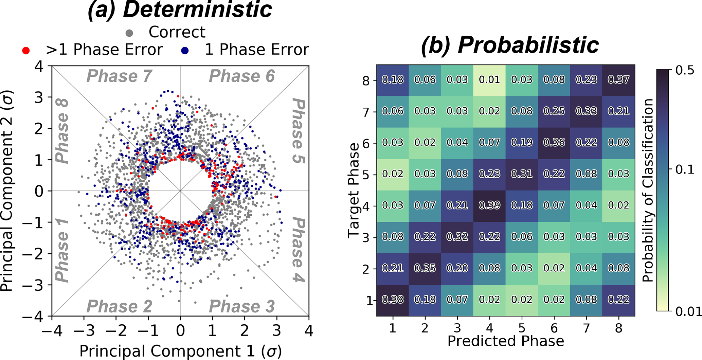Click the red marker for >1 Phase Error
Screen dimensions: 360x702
[26, 51]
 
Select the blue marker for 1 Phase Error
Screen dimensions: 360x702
[185, 51]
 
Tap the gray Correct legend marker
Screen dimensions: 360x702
[129, 33]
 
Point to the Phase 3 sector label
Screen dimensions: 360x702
[241, 306]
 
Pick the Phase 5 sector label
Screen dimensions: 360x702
[298, 131]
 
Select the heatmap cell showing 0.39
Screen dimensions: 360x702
[489, 205]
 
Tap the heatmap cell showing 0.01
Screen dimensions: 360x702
[489, 79]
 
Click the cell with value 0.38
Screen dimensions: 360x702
[393, 300]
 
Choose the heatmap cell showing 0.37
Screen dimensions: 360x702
[618, 79]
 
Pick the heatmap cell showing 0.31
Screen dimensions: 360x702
[522, 174]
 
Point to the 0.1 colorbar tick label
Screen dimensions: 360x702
[685, 169]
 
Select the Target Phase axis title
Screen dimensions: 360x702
[354, 190]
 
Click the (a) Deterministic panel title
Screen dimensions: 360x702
[180, 10]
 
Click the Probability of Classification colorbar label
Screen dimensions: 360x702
[648, 190]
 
